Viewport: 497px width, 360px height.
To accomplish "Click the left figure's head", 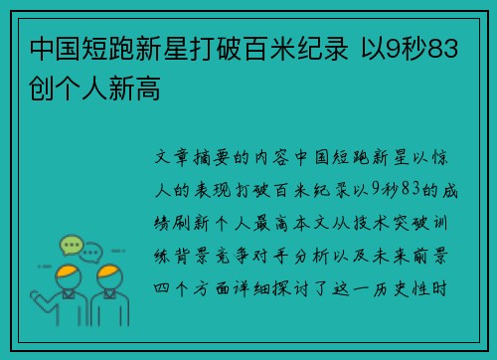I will pos(69,273).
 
